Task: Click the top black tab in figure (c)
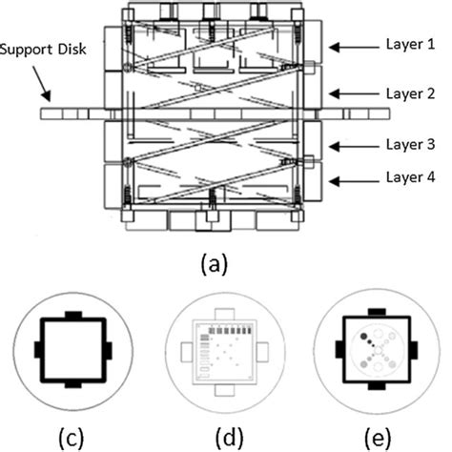(73, 315)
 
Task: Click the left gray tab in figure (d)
(186, 350)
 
